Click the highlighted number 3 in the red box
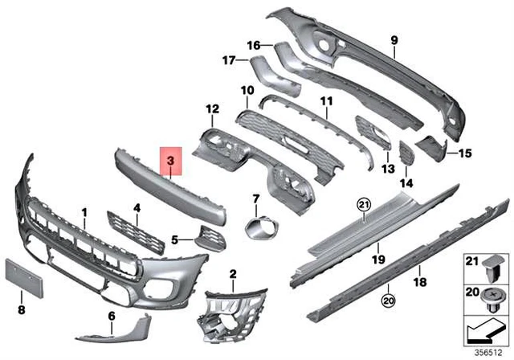click(171, 162)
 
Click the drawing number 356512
click(491, 351)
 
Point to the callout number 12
click(211, 108)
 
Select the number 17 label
click(228, 59)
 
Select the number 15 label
click(465, 151)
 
